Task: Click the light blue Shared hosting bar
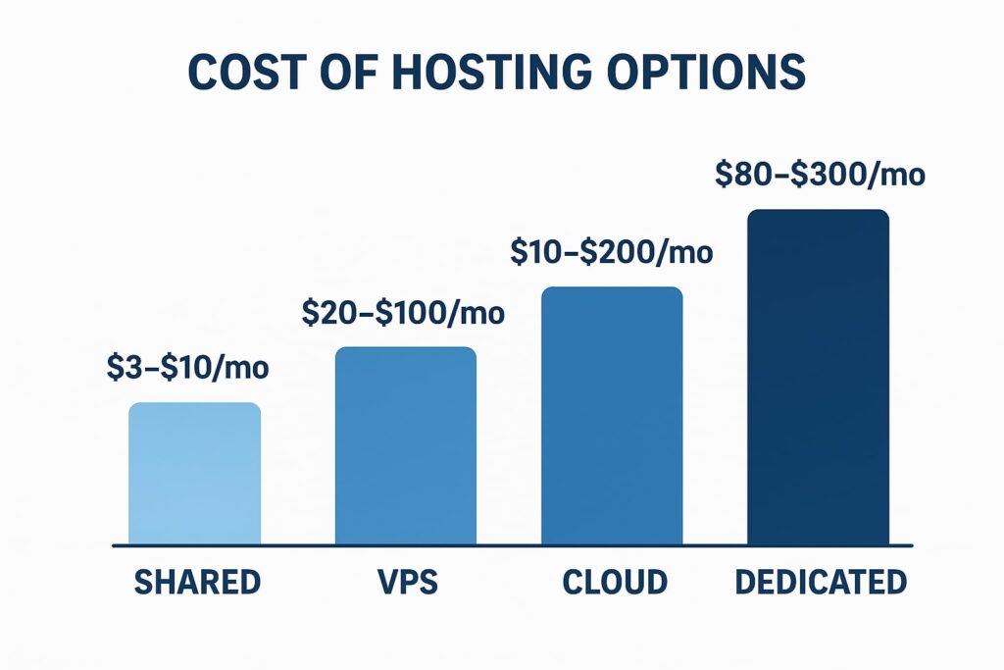point(195,473)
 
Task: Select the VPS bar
point(406,445)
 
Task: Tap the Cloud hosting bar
point(612,415)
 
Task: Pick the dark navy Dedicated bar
point(819,377)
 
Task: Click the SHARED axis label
point(197,582)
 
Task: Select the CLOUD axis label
point(615,582)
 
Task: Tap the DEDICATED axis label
point(822,582)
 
